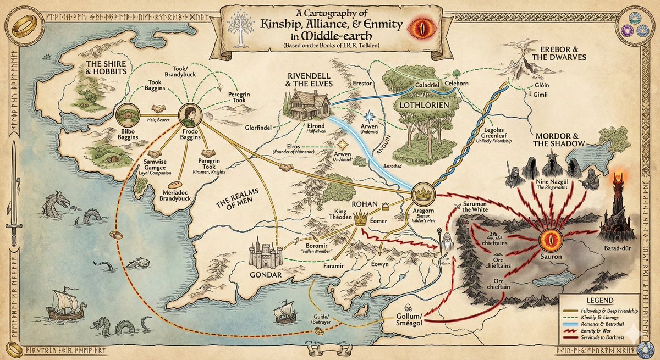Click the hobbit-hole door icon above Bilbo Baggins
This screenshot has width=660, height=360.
point(127,114)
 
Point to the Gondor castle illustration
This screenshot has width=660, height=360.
point(262,253)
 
